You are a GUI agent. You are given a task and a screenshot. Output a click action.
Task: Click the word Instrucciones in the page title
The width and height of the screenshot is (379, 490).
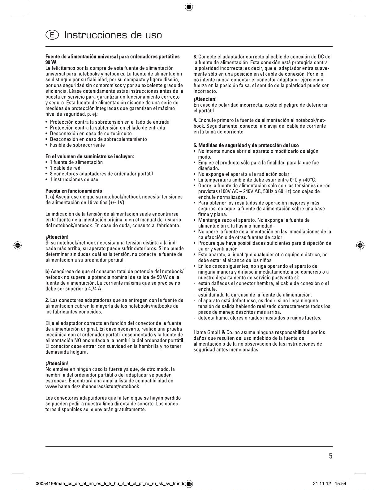tap(96, 35)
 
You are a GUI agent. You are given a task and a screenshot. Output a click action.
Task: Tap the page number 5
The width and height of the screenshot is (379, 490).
tap(330, 456)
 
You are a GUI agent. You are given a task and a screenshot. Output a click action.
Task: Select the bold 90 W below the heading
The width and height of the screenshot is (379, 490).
tap(51, 62)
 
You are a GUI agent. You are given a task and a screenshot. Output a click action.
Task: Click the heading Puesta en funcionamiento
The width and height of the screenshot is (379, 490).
tap(74, 191)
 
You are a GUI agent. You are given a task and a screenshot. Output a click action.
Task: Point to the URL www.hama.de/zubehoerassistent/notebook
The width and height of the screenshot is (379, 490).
tap(92, 386)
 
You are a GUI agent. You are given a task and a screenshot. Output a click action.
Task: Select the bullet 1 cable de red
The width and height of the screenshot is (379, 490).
tap(65, 168)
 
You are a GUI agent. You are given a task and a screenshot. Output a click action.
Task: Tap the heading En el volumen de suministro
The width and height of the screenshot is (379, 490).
tap(89, 156)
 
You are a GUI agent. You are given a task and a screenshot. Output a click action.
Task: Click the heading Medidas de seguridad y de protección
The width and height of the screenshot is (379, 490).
tap(248, 145)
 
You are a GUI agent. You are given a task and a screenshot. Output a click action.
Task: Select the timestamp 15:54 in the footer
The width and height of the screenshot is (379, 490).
tap(341, 484)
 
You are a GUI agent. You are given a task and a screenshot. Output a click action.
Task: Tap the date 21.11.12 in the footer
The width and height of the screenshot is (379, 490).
tap(321, 484)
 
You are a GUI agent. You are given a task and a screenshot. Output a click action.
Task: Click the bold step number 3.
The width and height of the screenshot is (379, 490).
tap(195, 57)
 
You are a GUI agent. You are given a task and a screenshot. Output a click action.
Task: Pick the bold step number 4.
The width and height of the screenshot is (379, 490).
tap(195, 120)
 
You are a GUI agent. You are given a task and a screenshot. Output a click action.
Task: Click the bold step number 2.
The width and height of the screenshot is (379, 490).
tap(47, 300)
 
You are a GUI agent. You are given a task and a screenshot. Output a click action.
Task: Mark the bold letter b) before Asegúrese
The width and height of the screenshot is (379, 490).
tap(48, 271)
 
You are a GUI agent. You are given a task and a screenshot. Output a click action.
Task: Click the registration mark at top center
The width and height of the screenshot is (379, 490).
tap(189, 6)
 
